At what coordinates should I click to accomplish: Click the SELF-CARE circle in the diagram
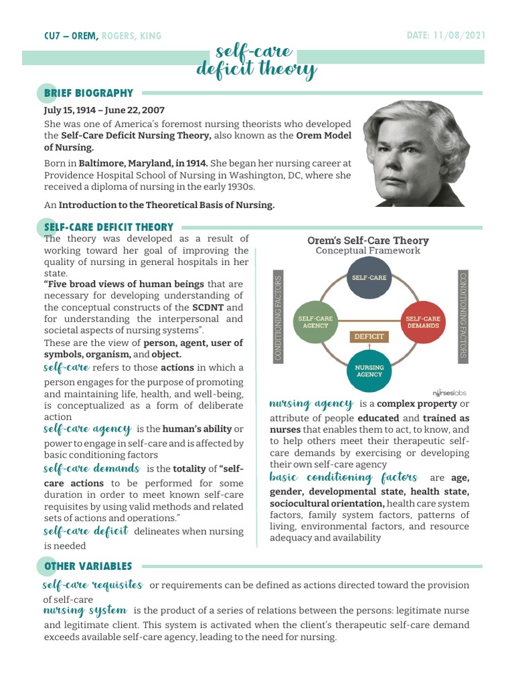[x=369, y=277]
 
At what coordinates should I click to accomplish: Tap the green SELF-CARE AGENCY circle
[x=315, y=322]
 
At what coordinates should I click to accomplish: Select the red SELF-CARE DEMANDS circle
[x=422, y=322]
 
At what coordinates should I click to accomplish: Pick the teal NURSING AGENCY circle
[x=369, y=371]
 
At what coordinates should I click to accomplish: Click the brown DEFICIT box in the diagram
[x=369, y=336]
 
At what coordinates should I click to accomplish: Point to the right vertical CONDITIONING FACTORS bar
[x=462, y=314]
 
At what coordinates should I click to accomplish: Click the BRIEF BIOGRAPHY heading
[x=88, y=94]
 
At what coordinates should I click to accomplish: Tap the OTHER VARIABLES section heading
[x=88, y=567]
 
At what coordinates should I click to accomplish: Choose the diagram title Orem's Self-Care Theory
[x=367, y=240]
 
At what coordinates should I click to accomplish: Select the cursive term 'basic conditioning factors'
[x=343, y=478]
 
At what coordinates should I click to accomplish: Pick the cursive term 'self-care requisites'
[x=93, y=585]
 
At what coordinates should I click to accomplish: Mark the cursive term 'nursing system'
[x=84, y=610]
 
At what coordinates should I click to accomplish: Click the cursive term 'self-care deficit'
[x=86, y=531]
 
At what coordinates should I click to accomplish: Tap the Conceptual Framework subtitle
[x=367, y=251]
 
